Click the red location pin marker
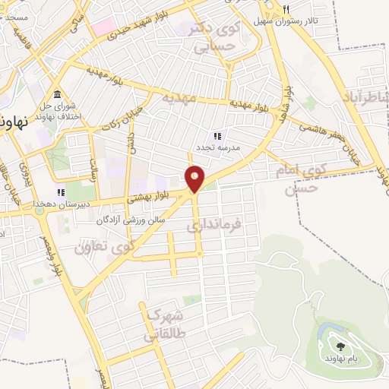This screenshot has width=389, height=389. [x=194, y=179]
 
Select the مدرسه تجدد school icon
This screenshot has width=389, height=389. [x=217, y=136]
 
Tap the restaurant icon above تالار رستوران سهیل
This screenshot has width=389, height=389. [x=286, y=9]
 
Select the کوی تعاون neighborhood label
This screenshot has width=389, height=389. [x=106, y=245]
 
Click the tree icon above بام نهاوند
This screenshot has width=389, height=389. [x=339, y=334]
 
